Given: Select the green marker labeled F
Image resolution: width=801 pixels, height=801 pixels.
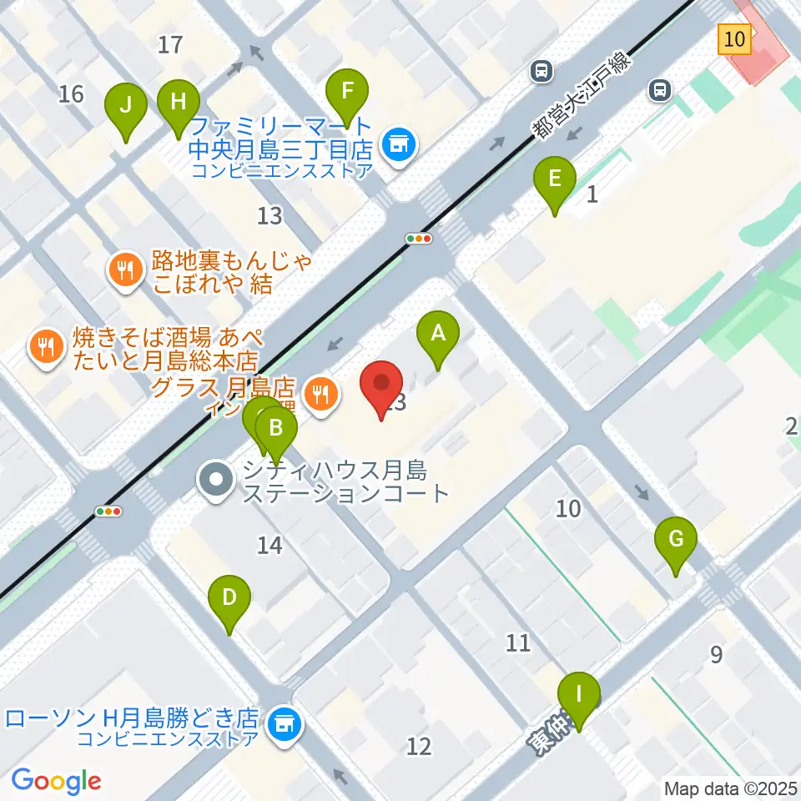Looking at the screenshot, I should (x=346, y=90).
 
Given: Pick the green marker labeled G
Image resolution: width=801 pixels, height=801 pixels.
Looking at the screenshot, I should (x=676, y=539).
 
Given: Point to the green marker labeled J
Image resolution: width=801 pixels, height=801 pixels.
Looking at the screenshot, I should (x=125, y=106).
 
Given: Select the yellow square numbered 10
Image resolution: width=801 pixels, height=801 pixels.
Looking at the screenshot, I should (x=733, y=38).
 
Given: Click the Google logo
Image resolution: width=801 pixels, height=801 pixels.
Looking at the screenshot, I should (x=57, y=780).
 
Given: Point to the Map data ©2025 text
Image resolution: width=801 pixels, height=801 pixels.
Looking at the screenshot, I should (x=731, y=788).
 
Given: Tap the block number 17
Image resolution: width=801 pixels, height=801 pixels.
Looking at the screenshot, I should (x=170, y=44).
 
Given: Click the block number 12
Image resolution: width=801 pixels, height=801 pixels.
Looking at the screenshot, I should (x=419, y=745).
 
